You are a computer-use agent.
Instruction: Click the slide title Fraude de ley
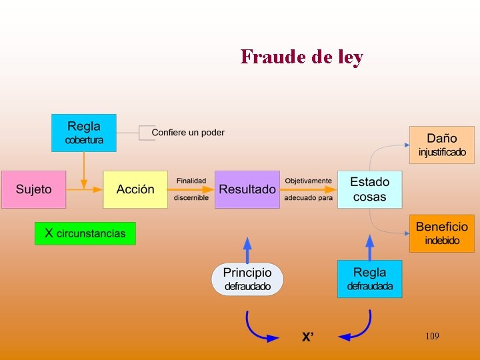click(302, 57)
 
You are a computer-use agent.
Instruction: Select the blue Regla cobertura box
click(84, 133)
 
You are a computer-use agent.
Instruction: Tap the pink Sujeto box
click(34, 189)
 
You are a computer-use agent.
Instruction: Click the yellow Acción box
click(135, 189)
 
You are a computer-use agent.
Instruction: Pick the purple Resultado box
click(247, 189)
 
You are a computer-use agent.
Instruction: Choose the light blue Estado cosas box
click(370, 189)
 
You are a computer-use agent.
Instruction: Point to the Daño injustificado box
click(442, 145)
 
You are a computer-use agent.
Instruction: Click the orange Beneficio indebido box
click(442, 233)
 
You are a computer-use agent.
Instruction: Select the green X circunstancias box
click(85, 233)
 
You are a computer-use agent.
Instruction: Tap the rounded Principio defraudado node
click(247, 279)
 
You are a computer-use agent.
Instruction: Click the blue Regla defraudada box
click(370, 279)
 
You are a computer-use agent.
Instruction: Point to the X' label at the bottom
click(307, 337)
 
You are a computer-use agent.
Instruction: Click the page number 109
click(432, 337)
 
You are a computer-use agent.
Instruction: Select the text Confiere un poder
click(188, 133)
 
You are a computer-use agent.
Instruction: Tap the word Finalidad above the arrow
click(191, 181)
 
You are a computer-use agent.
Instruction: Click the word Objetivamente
click(308, 181)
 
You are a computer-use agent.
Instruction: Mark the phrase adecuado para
click(308, 198)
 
